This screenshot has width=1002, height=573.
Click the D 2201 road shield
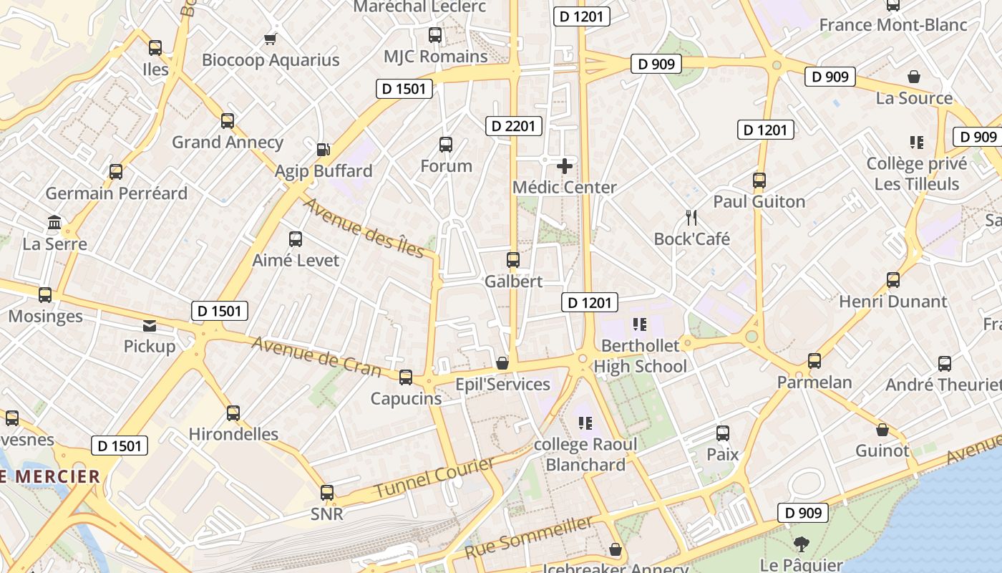[x=513, y=126]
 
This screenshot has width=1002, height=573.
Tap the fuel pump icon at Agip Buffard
[x=324, y=150]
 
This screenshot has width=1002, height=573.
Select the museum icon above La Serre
[x=54, y=223]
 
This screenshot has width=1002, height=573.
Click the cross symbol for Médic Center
[x=565, y=167]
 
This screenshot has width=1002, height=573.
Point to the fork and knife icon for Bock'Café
[x=691, y=218]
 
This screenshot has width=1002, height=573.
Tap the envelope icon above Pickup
[x=150, y=326]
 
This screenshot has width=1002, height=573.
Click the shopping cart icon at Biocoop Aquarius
[x=270, y=39]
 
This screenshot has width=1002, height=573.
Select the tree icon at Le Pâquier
[x=801, y=544]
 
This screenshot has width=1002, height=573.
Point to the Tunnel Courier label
[x=434, y=478]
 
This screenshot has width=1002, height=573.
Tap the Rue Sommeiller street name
[x=529, y=537]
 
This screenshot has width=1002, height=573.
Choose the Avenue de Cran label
[x=316, y=355]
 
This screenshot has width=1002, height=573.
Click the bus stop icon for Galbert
[x=513, y=260]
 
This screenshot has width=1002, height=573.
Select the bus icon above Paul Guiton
[x=759, y=180]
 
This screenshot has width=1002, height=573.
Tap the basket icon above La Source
[x=914, y=77]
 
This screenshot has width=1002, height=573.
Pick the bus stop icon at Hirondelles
[x=233, y=413]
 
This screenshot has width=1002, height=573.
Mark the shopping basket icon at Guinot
[x=882, y=430]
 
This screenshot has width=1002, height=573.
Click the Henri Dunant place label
[x=892, y=302]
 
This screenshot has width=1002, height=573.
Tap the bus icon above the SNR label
[x=327, y=493]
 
